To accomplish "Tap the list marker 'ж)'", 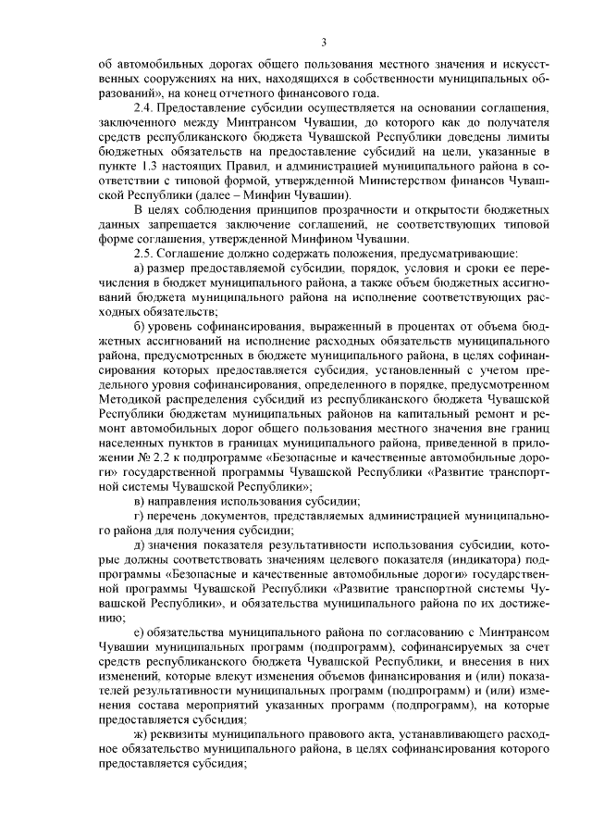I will pyautogui.click(x=141, y=736).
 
